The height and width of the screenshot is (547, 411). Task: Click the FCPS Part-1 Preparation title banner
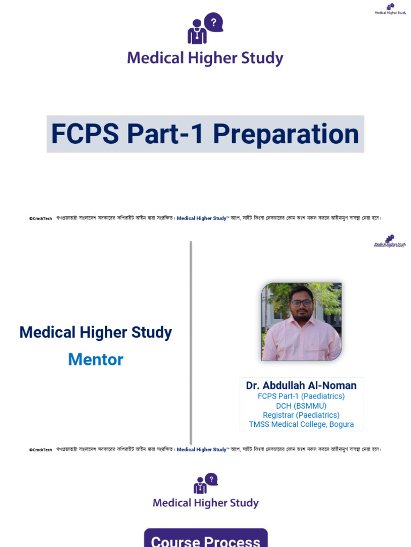point(205,134)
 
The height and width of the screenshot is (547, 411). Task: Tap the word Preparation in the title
point(286,134)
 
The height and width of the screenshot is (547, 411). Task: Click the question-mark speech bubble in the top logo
point(214,22)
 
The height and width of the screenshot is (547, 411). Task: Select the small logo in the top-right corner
point(390,9)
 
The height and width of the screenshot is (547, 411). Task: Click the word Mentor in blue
point(96,360)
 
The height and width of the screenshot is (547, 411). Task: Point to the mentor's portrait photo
point(301,322)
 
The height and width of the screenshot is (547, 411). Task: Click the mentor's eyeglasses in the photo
point(301,303)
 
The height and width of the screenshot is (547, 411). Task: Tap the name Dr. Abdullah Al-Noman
point(301,385)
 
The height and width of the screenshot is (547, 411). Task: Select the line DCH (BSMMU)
point(301,405)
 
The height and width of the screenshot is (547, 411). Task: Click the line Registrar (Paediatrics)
point(301,415)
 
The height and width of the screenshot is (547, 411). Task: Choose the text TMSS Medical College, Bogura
point(301,425)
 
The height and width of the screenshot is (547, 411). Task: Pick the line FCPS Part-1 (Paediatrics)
point(301,396)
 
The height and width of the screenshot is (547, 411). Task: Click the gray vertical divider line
point(191,342)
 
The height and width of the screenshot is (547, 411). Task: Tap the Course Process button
point(205,540)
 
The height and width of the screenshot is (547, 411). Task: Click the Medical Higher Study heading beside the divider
point(96,332)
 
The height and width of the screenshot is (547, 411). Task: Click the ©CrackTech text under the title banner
point(41,218)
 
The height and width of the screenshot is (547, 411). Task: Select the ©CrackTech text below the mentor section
point(41,450)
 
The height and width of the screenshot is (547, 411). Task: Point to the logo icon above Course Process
point(205,483)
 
